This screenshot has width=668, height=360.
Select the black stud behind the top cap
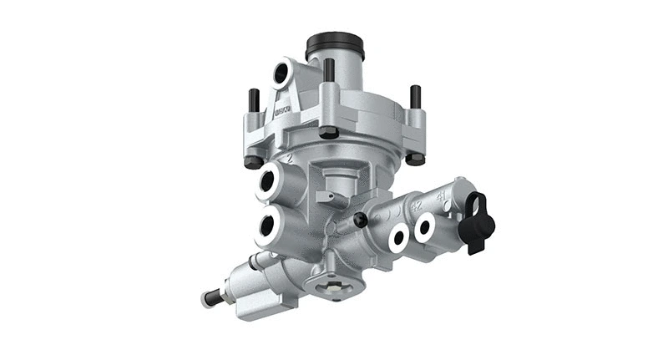(329, 70)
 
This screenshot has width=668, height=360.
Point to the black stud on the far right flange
(413, 97)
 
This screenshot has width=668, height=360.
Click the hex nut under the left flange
(252, 161)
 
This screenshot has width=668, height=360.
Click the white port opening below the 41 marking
(426, 226)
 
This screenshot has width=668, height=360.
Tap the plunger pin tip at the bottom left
(206, 298)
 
